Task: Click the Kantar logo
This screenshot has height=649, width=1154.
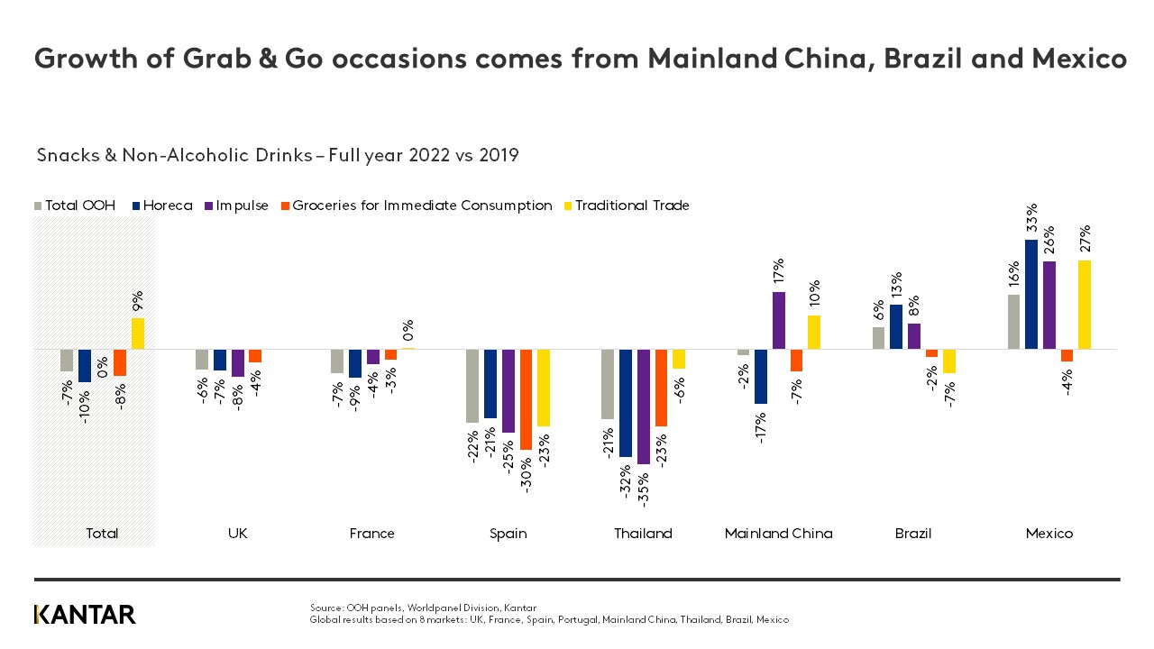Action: pyautogui.click(x=85, y=615)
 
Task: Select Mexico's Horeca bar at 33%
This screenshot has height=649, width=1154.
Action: pyautogui.click(x=1031, y=294)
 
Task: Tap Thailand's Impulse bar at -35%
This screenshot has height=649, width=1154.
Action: pyautogui.click(x=644, y=407)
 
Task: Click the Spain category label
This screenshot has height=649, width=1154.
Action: pyautogui.click(x=508, y=534)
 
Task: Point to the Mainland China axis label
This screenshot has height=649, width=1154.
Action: pyautogui.click(x=779, y=534)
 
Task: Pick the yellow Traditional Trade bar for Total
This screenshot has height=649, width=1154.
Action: pyautogui.click(x=138, y=334)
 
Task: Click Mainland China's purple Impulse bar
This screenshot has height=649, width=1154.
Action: pyautogui.click(x=779, y=320)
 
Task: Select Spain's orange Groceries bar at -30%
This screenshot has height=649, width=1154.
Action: pyautogui.click(x=527, y=399)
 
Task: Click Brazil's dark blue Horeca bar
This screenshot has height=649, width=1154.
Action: pyautogui.click(x=896, y=326)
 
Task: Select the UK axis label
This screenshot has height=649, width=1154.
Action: pyautogui.click(x=237, y=534)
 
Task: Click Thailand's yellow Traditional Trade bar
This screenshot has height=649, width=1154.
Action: pyautogui.click(x=679, y=359)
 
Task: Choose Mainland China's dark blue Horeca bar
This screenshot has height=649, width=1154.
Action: pyautogui.click(x=761, y=376)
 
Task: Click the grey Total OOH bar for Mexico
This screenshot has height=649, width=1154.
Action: pyautogui.click(x=1013, y=322)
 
